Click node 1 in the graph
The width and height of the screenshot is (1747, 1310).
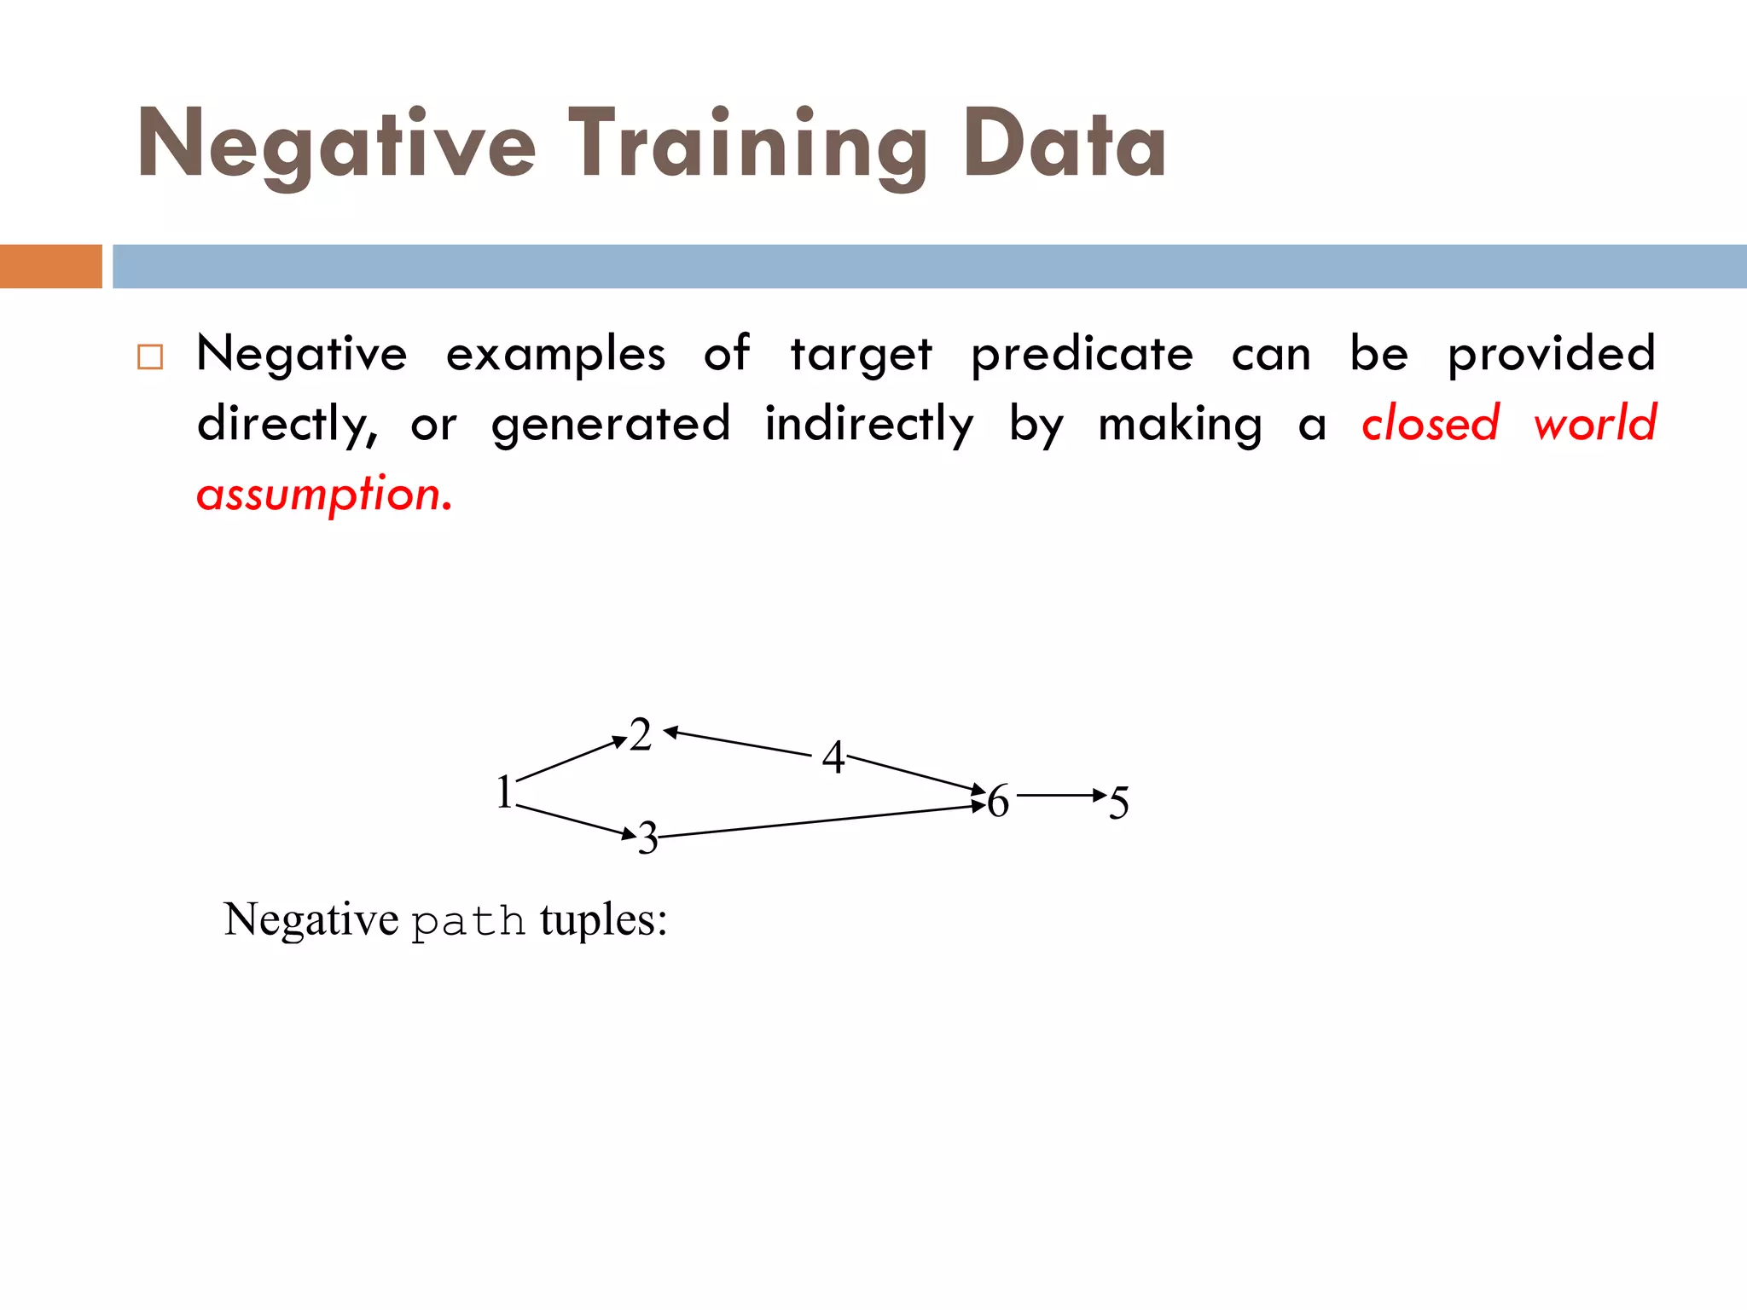[504, 791]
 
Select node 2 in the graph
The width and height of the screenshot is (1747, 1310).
[641, 734]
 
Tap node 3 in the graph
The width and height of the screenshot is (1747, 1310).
[648, 838]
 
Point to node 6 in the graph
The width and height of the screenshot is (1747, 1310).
[998, 801]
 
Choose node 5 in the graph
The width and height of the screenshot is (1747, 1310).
[1118, 803]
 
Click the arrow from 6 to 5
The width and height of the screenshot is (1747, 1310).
[1060, 795]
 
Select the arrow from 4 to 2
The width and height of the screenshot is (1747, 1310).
[739, 743]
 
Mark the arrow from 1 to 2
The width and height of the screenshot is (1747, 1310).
[572, 759]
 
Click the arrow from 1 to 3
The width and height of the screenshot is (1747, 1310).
[576, 820]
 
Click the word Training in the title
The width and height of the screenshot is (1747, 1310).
[747, 145]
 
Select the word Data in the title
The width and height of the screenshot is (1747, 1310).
[1064, 145]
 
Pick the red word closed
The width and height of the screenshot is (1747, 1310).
[1430, 424]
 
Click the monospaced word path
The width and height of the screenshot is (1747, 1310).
[468, 922]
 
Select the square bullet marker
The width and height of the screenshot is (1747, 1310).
[150, 356]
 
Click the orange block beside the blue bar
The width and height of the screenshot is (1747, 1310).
[50, 266]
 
